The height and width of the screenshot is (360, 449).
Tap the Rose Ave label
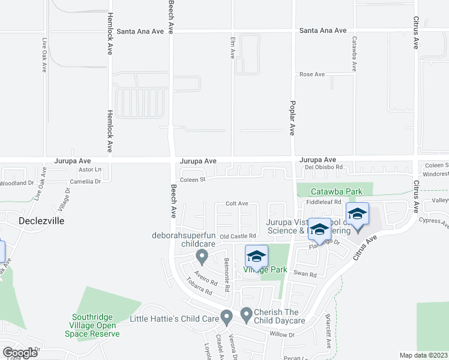(x=312, y=74)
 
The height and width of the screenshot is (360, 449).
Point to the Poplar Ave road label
(x=293, y=113)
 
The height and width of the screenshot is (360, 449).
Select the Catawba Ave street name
(x=354, y=55)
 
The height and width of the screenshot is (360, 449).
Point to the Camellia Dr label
(x=85, y=181)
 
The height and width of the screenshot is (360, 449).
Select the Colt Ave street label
(x=237, y=203)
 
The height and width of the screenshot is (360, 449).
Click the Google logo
(x=20, y=353)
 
